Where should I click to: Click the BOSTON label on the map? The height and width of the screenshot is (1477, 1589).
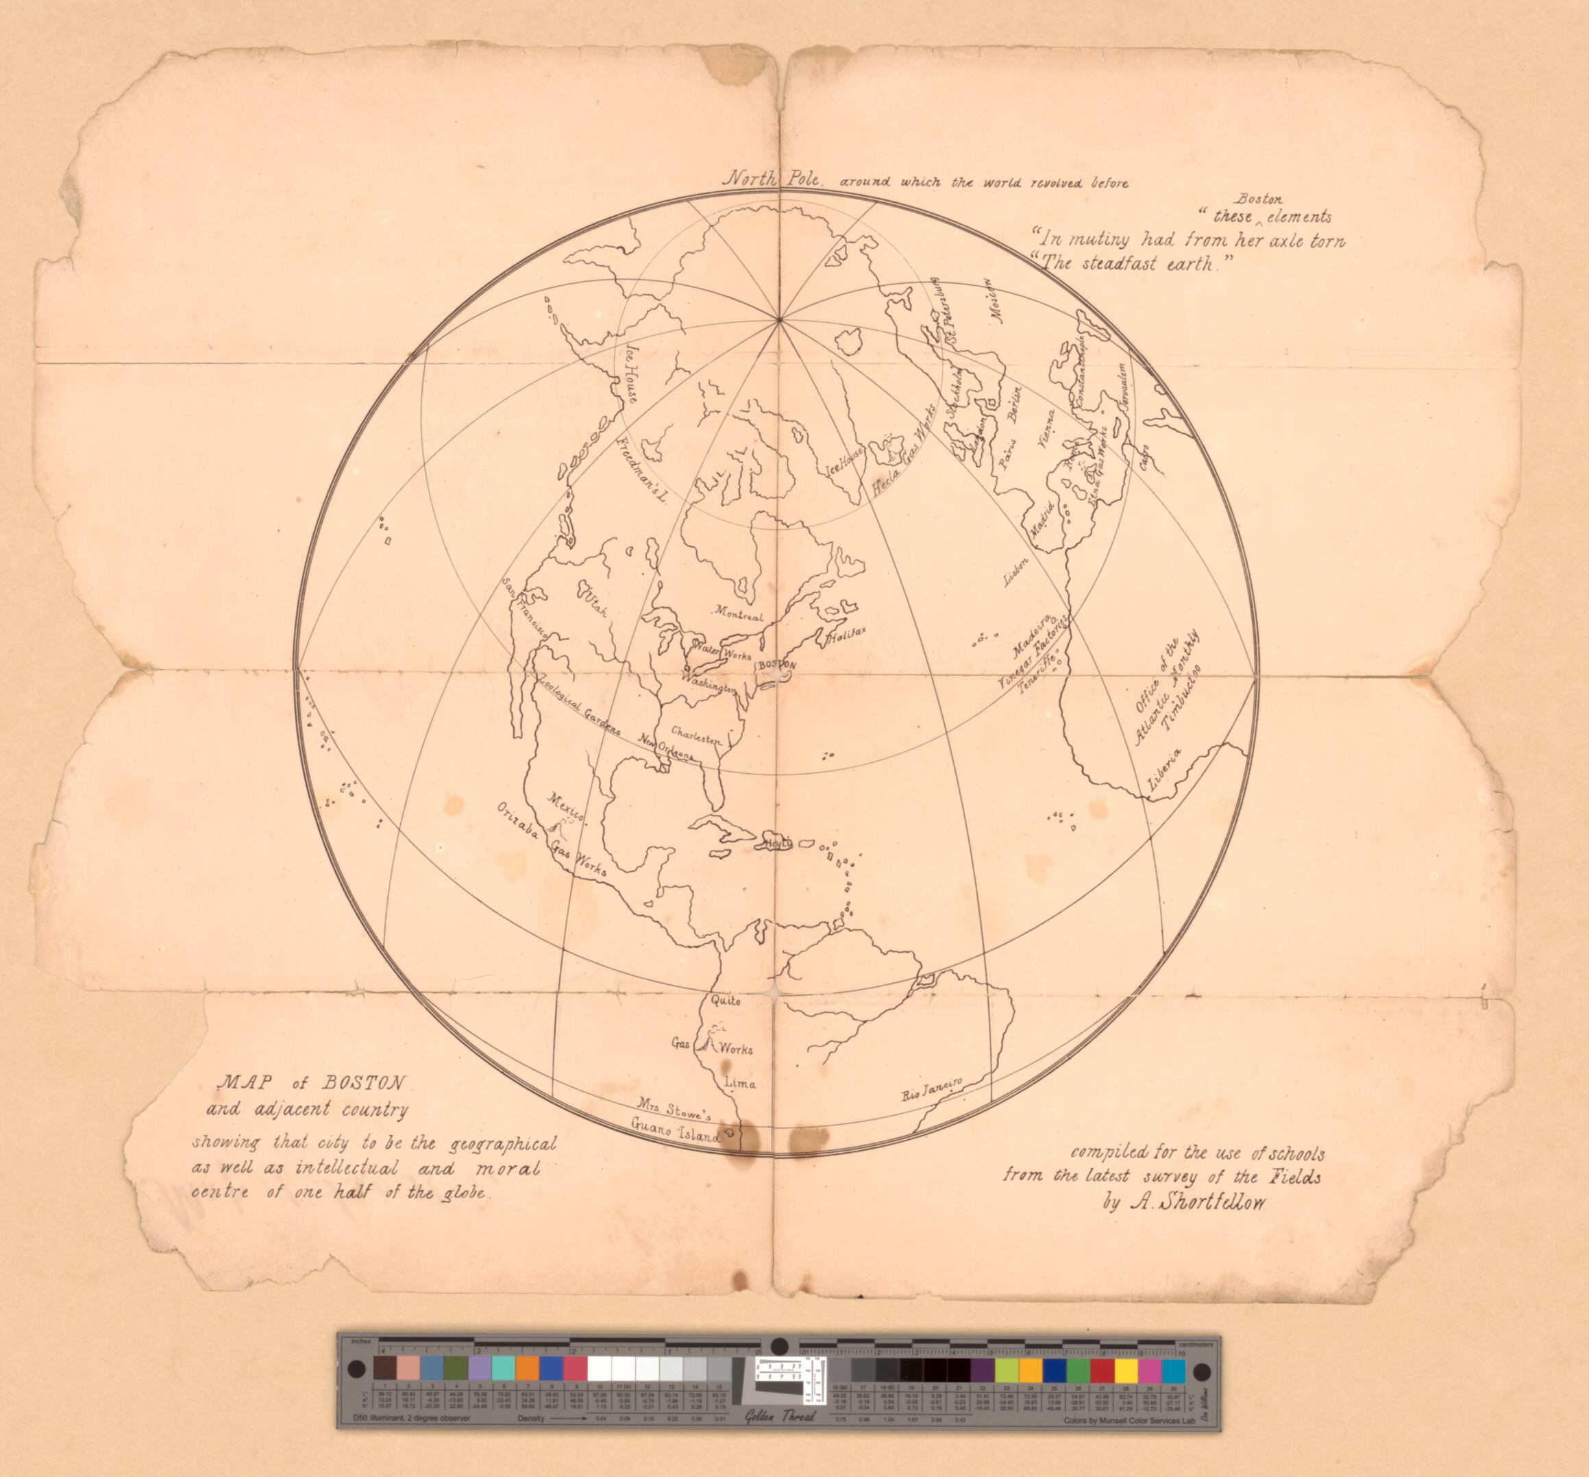[x=776, y=665]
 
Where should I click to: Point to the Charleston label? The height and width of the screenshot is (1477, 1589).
[x=697, y=735]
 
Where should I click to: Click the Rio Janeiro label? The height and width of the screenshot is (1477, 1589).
[x=934, y=1088]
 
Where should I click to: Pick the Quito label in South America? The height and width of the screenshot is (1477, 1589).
[x=726, y=1001]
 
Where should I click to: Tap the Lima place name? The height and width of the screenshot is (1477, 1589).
[x=739, y=1084]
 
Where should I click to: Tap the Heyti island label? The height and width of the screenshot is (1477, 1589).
[x=776, y=843]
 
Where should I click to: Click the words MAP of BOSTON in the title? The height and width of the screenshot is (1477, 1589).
[x=312, y=1084]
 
